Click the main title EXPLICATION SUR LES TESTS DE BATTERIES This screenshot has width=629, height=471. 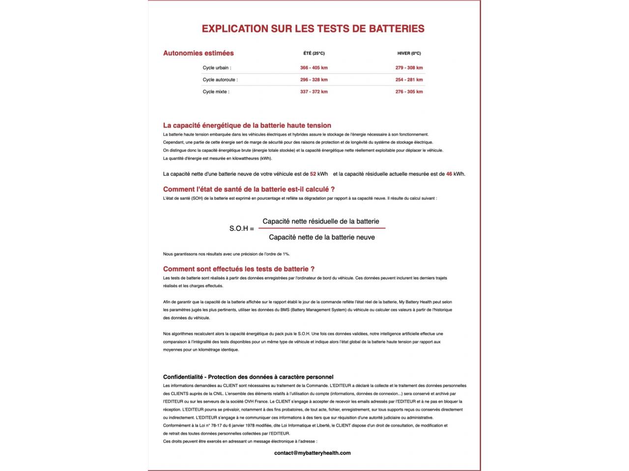(x=313, y=28)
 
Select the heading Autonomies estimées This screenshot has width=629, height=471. (x=199, y=53)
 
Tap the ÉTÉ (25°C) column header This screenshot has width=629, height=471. (x=314, y=53)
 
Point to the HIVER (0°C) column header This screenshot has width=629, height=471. (x=409, y=53)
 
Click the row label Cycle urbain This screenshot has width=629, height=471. (x=217, y=68)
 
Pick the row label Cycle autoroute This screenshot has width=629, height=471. (x=220, y=79)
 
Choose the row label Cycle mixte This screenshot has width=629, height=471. (x=216, y=92)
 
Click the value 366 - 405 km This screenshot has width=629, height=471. (x=314, y=68)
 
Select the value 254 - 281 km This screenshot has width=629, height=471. (x=409, y=79)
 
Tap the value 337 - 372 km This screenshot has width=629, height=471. (x=314, y=92)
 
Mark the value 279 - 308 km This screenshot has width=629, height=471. (x=409, y=68)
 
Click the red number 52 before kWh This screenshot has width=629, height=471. (x=313, y=174)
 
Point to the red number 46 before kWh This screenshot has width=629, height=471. (x=449, y=174)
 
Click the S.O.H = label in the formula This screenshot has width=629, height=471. (x=242, y=229)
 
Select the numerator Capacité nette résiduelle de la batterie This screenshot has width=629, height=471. (x=321, y=221)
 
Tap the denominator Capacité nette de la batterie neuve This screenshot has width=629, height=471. (x=322, y=237)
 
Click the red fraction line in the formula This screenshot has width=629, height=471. (x=322, y=228)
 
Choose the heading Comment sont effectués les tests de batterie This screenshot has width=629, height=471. (x=239, y=269)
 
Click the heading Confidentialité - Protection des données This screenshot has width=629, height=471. (x=248, y=377)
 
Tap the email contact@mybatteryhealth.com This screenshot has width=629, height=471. (x=313, y=453)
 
